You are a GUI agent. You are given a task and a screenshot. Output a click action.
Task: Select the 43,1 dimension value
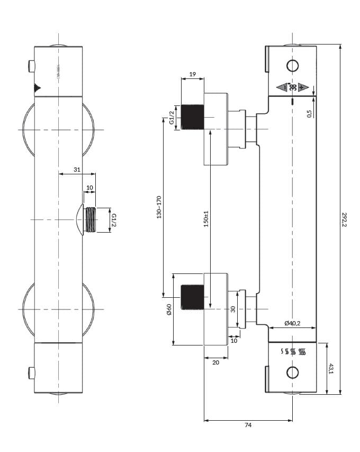coord(331,368)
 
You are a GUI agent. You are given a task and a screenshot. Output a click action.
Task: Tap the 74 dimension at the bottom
coord(248,426)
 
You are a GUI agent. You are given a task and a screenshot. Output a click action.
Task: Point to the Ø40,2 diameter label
coord(292,323)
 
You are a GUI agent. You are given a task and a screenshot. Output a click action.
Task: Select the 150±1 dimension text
coord(206,218)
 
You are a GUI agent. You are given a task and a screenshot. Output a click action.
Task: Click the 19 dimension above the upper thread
coord(192,75)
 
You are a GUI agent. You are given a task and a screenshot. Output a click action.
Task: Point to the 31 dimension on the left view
coord(77,170)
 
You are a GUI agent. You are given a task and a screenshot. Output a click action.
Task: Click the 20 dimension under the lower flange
coord(215,362)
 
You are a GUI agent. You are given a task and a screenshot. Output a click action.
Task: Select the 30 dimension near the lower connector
coord(232,309)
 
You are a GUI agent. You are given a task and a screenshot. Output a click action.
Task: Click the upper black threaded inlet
coord(192,117)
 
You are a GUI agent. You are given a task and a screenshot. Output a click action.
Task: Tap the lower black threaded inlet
coord(192,297)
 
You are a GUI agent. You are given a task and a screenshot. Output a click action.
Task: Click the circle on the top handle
coord(292,66)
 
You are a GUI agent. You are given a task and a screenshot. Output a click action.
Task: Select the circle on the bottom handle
coord(292,373)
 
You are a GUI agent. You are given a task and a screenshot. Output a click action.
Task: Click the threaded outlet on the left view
coord(91,219)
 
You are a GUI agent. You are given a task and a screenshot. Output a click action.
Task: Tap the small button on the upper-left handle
coord(31,67)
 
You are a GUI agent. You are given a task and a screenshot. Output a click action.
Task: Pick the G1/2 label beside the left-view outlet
coord(113,219)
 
